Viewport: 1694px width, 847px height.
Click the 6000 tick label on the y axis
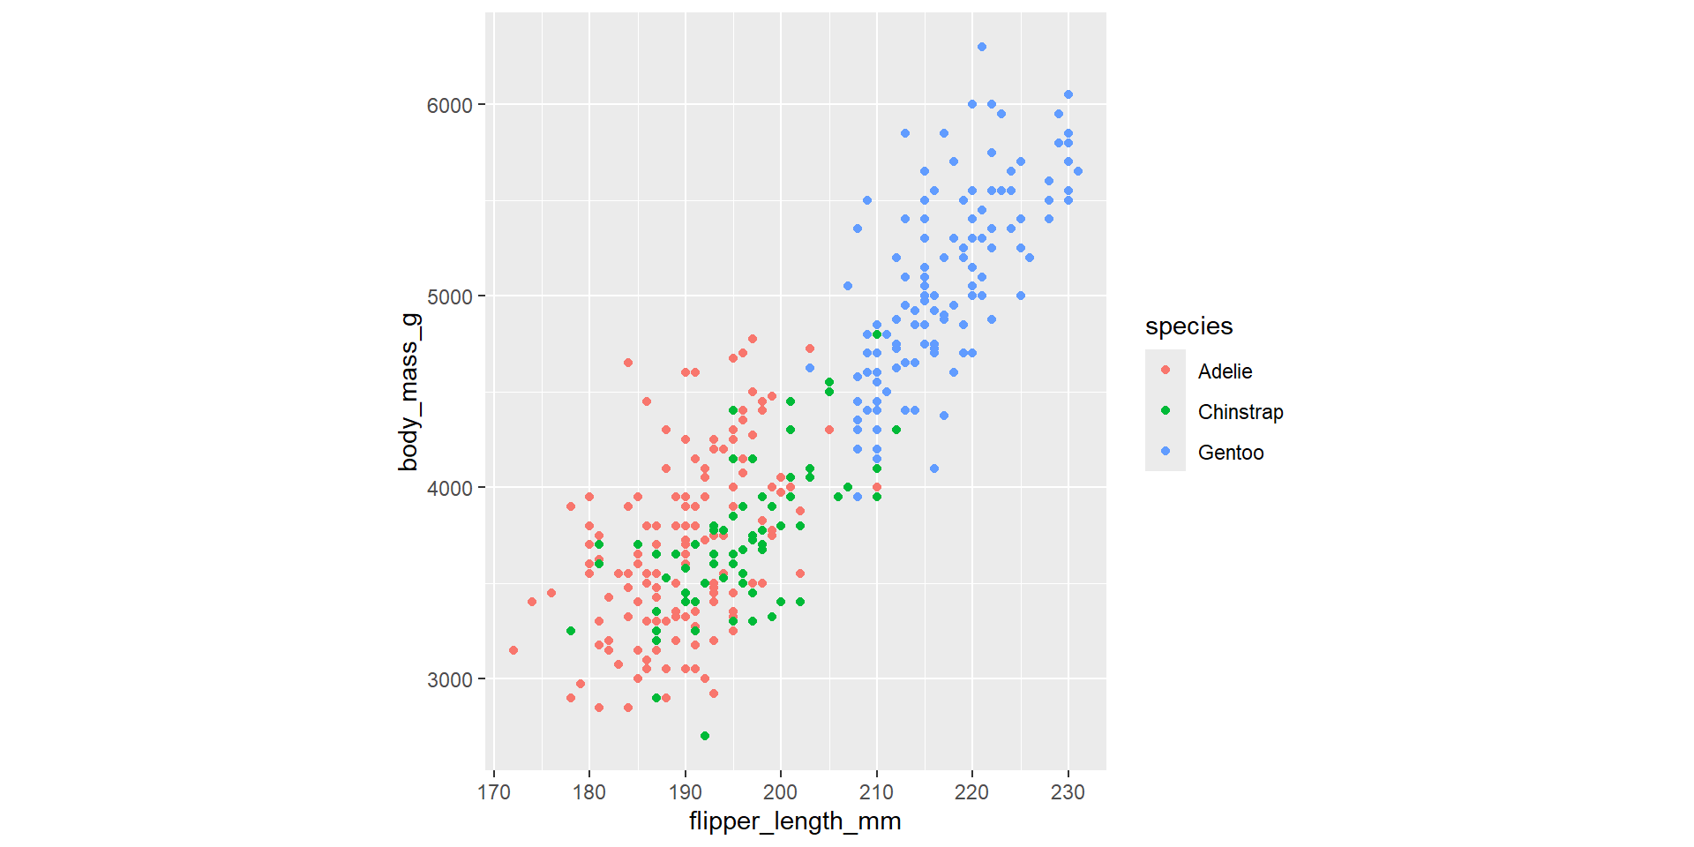coord(449,105)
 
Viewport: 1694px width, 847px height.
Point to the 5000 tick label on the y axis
coord(449,296)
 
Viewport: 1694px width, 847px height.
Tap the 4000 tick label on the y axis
coord(449,488)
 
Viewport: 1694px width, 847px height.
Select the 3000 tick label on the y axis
coord(449,680)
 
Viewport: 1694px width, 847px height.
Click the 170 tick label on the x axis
coord(494,792)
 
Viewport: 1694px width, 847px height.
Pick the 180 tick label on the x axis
coord(589,792)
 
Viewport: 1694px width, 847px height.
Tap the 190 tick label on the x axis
coord(686,792)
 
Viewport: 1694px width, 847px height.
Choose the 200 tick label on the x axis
coord(781,792)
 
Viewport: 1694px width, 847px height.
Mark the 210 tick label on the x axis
coord(876,792)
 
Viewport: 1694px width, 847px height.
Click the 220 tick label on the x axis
coord(972,792)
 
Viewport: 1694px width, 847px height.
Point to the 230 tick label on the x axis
coord(1068,792)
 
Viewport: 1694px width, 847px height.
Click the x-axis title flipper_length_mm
coord(795,821)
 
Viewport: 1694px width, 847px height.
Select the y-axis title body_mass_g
coord(409,392)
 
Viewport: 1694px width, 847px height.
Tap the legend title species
coord(1188,326)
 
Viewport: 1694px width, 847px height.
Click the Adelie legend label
coord(1225,371)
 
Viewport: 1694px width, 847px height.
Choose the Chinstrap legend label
coord(1241,412)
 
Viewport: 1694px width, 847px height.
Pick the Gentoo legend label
coord(1231,453)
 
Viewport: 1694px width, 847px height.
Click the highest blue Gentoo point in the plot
coord(982,47)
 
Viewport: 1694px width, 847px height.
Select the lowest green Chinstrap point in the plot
coord(704,736)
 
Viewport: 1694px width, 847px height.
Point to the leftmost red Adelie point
coord(513,650)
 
